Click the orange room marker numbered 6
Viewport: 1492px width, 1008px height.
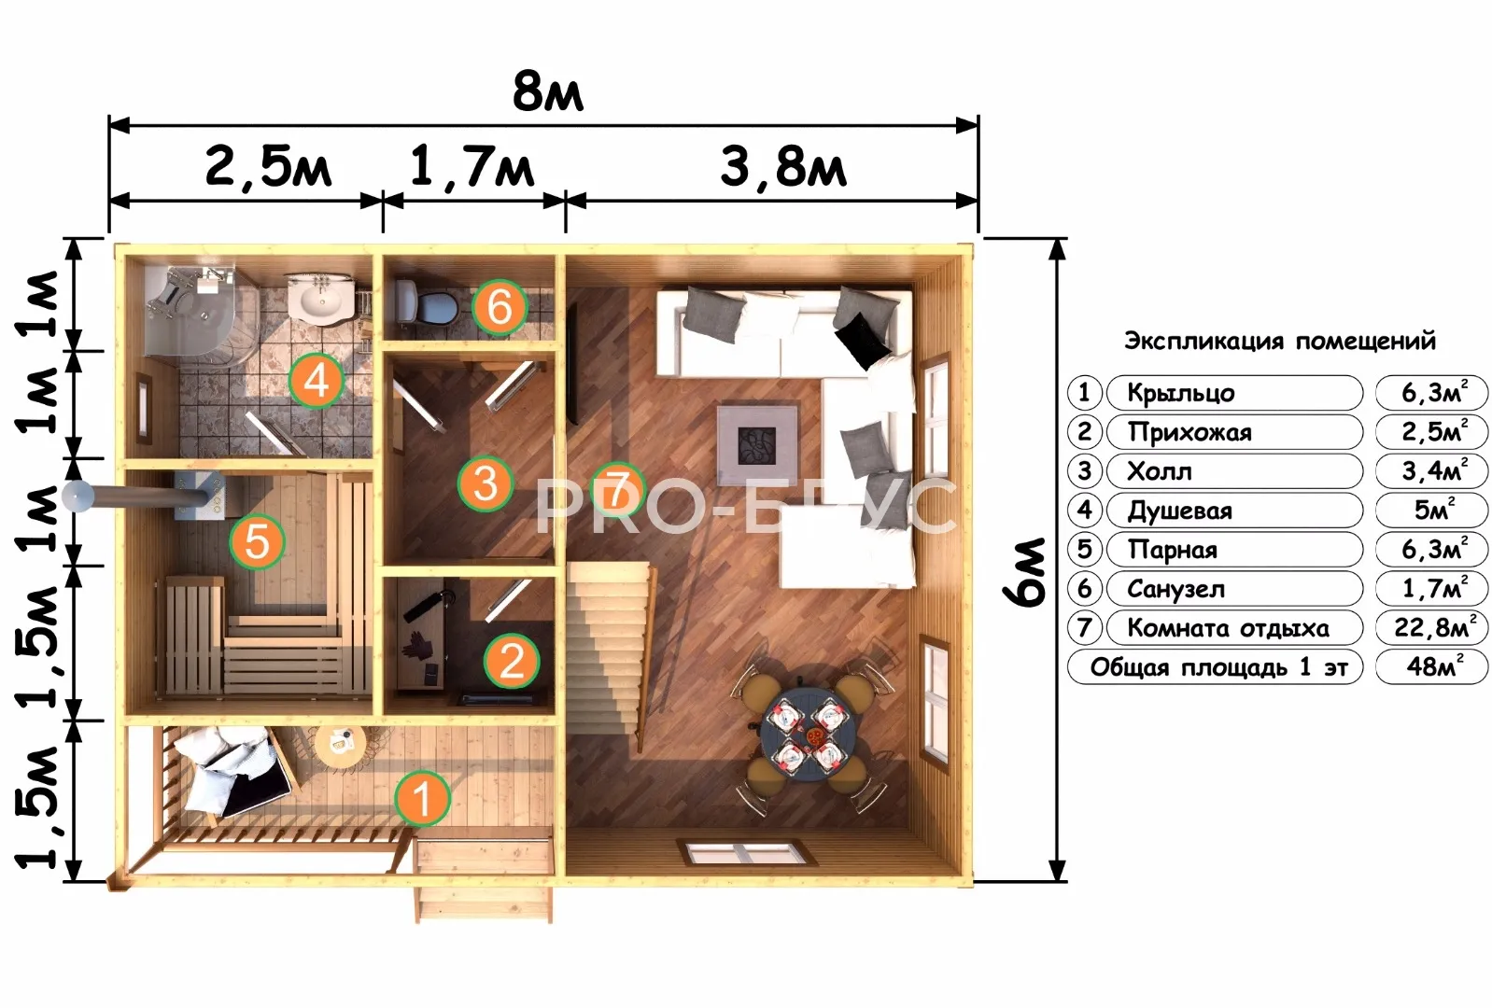500,307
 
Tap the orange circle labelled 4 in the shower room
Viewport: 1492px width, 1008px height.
317,382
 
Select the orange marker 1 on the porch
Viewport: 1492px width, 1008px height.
422,798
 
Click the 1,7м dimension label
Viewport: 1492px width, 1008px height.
472,166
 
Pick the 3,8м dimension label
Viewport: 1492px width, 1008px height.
783,166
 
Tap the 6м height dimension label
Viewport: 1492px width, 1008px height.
1024,572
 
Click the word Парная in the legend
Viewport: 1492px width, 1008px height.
1173,550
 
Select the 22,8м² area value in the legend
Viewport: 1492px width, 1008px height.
1431,626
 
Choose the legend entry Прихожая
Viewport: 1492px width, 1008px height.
1189,432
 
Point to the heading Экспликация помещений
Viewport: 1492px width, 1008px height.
1279,341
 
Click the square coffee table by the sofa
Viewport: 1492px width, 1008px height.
757,445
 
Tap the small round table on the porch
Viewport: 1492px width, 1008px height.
340,746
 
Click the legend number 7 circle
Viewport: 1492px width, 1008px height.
1084,627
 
